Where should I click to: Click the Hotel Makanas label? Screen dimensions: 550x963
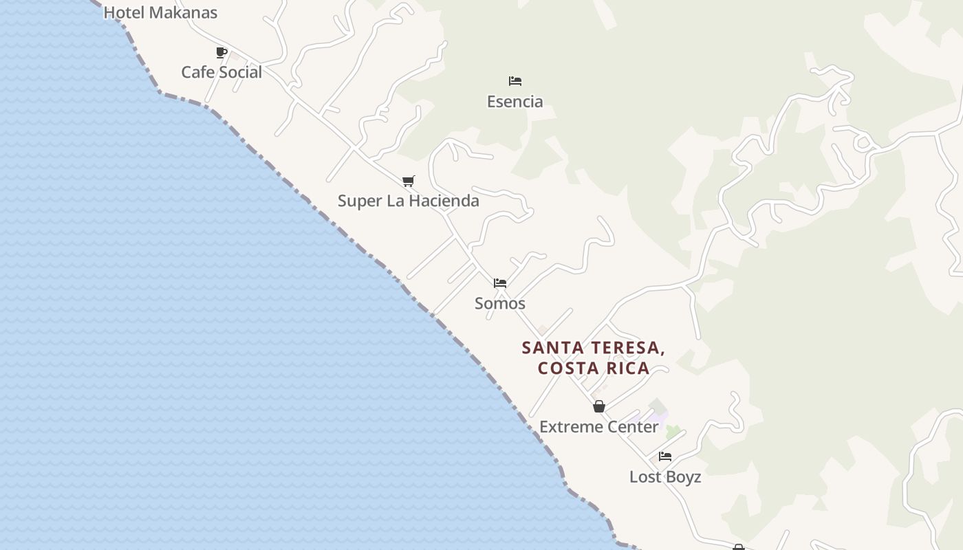coord(160,12)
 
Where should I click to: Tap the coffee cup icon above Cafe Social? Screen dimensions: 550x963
coord(221,52)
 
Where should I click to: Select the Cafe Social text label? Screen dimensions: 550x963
coord(221,72)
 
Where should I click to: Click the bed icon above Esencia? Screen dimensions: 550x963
coord(515,81)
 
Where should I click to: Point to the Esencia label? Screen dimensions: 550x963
coord(515,102)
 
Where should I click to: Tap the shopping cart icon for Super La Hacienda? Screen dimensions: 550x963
coord(409,181)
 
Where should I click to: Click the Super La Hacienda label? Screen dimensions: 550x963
coord(408,201)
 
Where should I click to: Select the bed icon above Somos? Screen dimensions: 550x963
coord(500,283)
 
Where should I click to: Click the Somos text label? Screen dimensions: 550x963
coord(500,303)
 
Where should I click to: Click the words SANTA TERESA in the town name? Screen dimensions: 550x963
coord(594,348)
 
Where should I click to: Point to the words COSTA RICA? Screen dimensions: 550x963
coord(594,368)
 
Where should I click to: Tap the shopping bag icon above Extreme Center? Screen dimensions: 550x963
coord(599,406)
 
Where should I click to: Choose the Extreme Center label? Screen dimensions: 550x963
coord(599,427)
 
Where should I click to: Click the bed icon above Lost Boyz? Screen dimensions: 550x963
coord(665,456)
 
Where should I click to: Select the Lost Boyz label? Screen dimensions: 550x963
coord(665,477)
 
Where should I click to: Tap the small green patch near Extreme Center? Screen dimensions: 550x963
coord(673,432)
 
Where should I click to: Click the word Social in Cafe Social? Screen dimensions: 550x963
coord(241,72)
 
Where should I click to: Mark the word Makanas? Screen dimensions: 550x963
coord(183,12)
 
